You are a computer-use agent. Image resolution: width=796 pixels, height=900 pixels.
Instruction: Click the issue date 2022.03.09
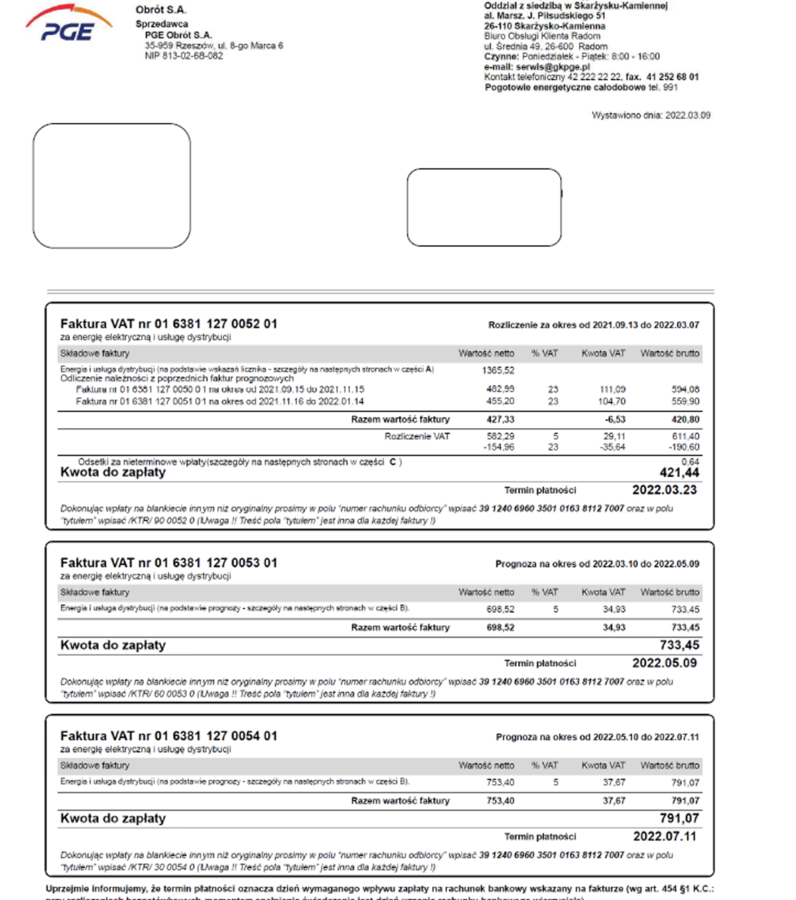point(687,115)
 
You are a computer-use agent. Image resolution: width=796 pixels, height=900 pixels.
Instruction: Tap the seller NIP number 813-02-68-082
point(192,56)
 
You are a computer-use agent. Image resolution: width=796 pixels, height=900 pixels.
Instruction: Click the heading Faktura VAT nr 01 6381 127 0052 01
point(168,324)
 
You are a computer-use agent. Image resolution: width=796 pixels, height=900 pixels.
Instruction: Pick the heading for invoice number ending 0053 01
point(168,563)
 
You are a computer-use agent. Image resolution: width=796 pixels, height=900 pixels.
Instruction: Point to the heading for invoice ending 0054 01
point(168,736)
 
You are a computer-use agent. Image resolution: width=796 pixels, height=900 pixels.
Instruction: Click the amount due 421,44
point(679,473)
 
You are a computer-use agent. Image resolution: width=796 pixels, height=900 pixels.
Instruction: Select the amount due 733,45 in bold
point(679,645)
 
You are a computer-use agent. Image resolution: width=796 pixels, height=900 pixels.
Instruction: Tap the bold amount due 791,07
point(679,818)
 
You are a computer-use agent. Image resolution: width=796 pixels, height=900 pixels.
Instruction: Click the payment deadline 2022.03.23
point(664,490)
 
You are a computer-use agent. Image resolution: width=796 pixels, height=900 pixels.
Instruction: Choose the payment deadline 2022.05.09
point(664,663)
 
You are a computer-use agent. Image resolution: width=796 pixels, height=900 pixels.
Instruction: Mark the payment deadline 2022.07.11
point(665,836)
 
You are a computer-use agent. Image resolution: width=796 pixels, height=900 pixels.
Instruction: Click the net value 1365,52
point(497,371)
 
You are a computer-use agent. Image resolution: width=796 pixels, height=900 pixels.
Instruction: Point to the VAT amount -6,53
point(614,420)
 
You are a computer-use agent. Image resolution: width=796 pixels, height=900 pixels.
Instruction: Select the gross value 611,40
point(685,437)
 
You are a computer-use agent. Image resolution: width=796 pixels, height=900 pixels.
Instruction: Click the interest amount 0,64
point(690,462)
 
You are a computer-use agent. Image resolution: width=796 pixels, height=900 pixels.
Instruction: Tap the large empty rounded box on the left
point(111,186)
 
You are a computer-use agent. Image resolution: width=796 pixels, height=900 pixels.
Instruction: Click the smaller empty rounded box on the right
point(484,208)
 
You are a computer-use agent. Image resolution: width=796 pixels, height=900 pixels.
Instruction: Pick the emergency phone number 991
point(670,88)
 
